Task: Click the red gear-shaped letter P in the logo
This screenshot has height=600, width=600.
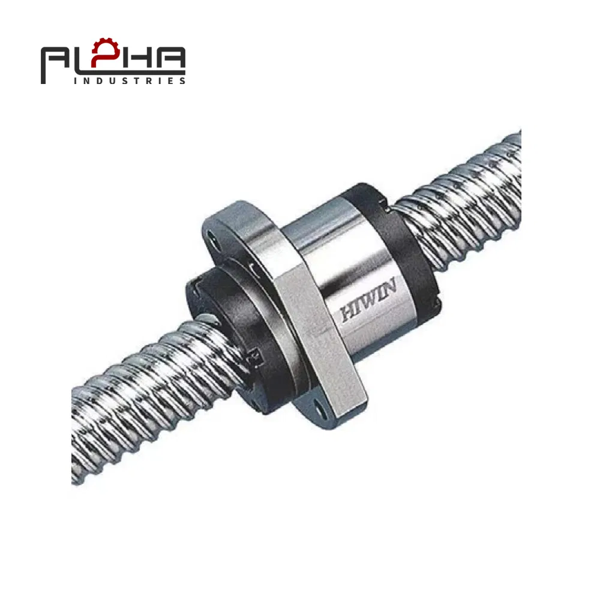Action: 110,55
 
